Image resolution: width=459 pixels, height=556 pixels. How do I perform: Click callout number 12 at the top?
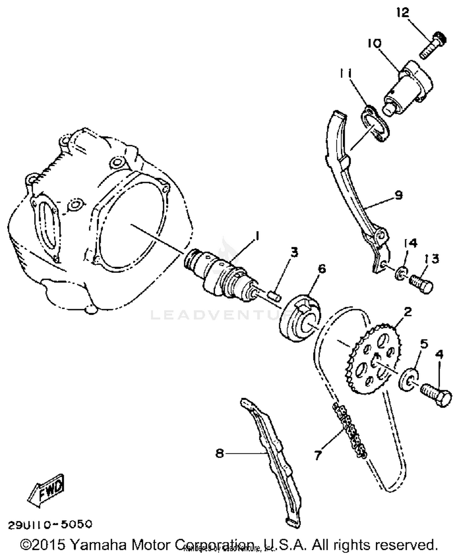click(403, 13)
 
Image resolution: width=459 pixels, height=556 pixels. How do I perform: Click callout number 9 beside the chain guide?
click(398, 195)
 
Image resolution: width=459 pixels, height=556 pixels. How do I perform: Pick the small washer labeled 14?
click(401, 272)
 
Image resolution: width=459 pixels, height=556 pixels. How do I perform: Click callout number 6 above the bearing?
click(322, 269)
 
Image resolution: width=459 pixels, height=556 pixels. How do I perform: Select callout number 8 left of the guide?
click(220, 453)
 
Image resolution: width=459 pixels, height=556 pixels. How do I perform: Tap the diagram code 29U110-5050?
click(50, 525)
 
